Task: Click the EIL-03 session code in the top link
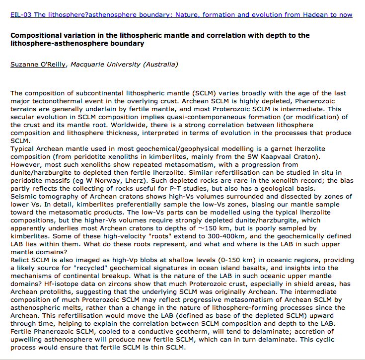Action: (x=20, y=15)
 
